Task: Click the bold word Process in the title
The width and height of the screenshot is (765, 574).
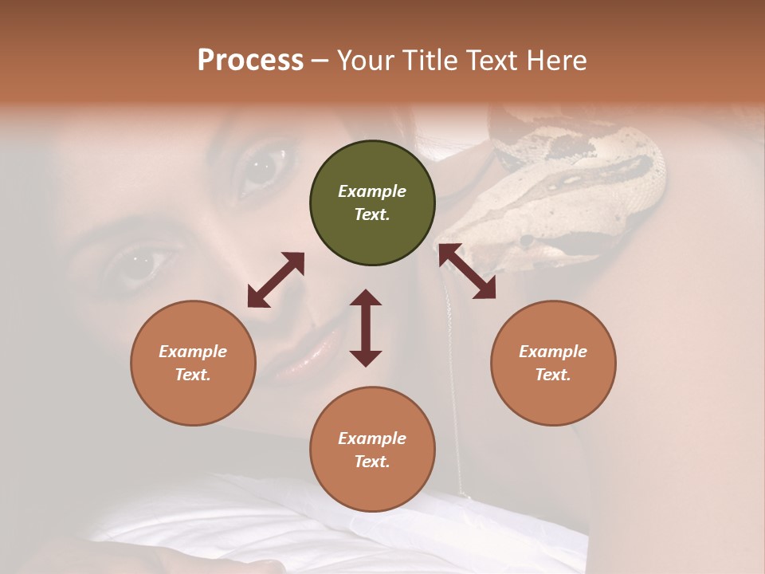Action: (250, 61)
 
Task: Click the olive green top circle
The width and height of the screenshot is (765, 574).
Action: (372, 203)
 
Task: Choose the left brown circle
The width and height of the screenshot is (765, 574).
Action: (193, 363)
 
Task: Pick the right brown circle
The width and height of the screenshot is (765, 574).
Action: (553, 363)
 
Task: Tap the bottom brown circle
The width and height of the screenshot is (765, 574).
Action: (372, 450)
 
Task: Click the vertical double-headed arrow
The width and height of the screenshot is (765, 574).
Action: (366, 328)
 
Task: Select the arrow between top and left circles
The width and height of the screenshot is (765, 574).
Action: (276, 280)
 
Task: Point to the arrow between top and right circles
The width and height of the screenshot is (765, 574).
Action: (468, 271)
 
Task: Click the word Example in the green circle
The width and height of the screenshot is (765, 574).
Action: (372, 191)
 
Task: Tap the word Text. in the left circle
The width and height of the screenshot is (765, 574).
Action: (193, 375)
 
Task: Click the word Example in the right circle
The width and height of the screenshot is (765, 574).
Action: (553, 352)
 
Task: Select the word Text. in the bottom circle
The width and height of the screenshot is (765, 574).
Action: (372, 462)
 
